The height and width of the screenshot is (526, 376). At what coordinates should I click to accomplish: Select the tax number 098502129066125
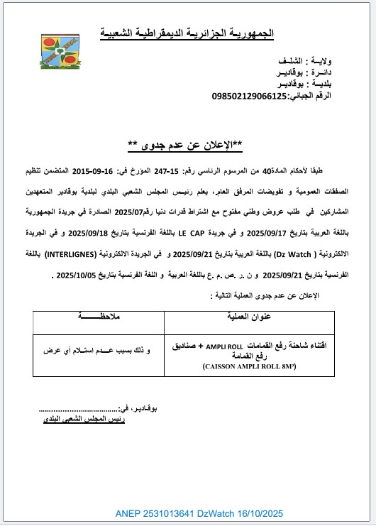pos(244,95)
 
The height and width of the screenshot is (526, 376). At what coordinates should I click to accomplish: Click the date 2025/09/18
pos(101,212)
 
